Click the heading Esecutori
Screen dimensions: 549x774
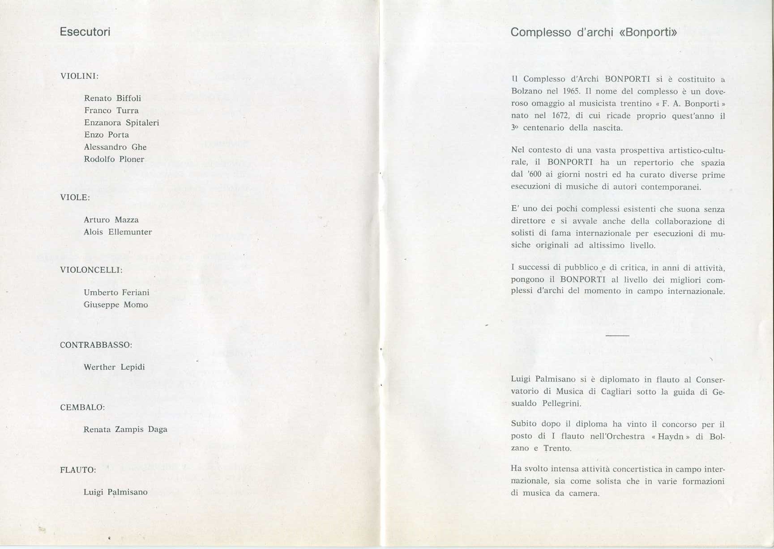85,32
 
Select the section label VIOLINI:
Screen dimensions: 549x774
79,76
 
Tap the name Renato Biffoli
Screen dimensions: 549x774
112,98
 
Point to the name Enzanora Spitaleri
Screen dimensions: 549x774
121,123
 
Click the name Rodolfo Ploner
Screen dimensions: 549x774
114,159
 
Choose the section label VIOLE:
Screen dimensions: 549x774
75,197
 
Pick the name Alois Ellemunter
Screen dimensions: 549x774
118,232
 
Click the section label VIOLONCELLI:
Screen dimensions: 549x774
91,270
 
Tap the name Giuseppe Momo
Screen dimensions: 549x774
115,305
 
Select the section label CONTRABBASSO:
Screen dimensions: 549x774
96,345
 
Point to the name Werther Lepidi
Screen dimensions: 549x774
114,367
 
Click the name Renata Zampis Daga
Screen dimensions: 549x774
125,430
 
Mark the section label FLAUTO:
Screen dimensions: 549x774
78,470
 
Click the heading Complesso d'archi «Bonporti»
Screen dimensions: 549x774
594,32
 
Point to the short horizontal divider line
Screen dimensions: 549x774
617,335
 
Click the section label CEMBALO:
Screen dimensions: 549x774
82,408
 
